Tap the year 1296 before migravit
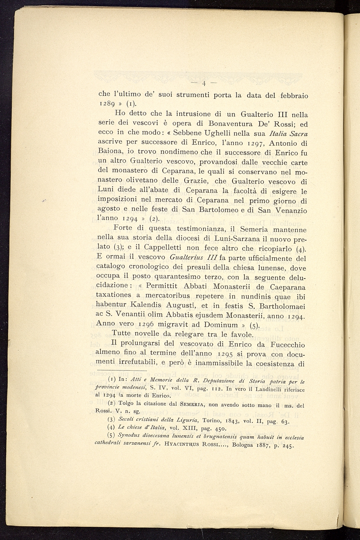(x=144, y=324)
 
